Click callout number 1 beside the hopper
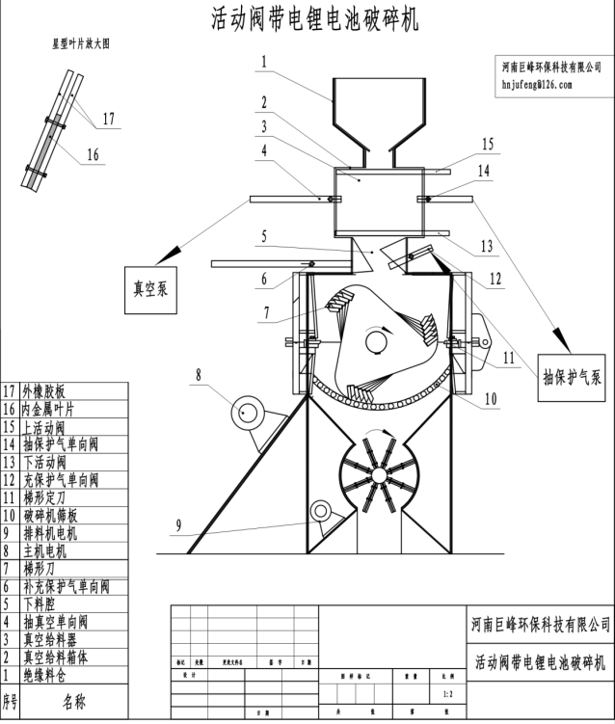point(262,62)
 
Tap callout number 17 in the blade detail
point(108,120)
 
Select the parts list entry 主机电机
point(49,550)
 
